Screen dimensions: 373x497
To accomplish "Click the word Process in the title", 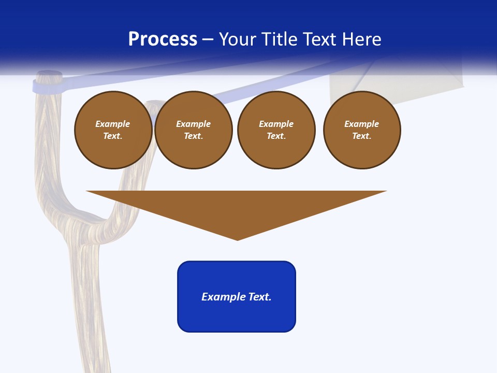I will coord(163,39).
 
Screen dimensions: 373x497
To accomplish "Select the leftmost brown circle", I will coord(113,130).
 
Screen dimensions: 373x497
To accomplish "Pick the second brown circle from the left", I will coord(193,130).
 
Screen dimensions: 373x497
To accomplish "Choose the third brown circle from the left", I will coord(276,130).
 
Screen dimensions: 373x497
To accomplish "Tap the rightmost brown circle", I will coord(361,130).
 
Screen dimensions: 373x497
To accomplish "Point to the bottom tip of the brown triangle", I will coord(237,239).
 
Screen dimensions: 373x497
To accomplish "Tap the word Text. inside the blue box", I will coord(260,297).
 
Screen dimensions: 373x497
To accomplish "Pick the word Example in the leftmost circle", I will coord(113,124).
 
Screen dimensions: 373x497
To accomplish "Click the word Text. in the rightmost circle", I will coord(361,136).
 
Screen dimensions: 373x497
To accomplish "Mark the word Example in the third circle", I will coord(276,124).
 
